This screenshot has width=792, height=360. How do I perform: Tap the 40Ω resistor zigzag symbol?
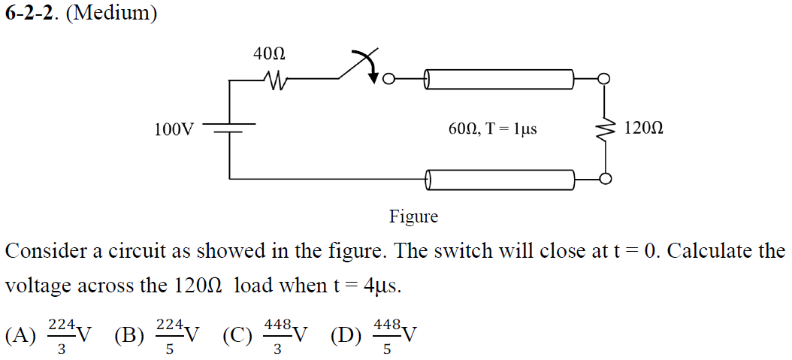click(x=274, y=78)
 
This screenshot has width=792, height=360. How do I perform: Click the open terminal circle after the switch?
click(x=388, y=78)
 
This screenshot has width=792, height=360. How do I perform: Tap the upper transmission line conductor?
click(x=499, y=78)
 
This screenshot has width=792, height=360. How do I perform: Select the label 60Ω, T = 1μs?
click(x=492, y=129)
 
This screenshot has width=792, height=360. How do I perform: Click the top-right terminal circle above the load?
click(x=603, y=78)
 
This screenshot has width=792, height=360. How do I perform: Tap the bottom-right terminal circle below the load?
click(x=603, y=179)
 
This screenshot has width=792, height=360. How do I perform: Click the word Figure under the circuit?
click(x=413, y=217)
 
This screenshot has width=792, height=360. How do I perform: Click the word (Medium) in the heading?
click(x=111, y=14)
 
